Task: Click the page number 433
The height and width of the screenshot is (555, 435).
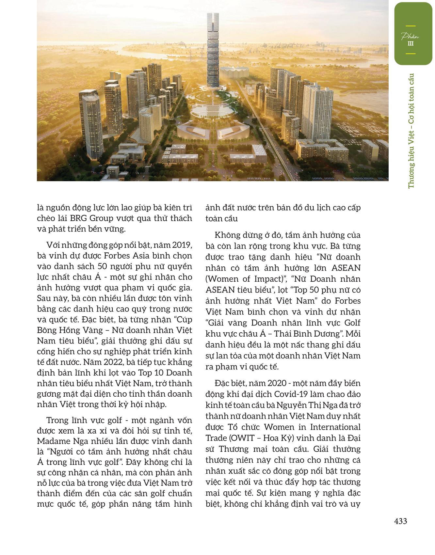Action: pyautogui.click(x=400, y=521)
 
